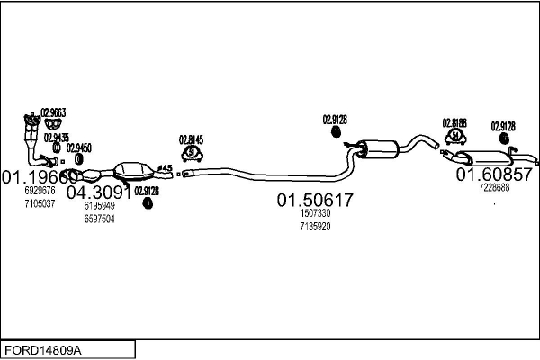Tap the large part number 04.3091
point(99,193)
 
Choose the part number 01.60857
point(494,174)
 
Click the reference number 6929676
point(40,191)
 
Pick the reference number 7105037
point(40,204)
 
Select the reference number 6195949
point(99,206)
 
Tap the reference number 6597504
point(99,219)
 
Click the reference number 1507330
point(315,214)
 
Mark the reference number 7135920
point(315,227)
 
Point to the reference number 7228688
point(494,187)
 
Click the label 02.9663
point(53,112)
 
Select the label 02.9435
point(56,138)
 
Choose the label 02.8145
point(192,139)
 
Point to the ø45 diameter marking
point(166,166)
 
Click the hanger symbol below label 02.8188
point(455,137)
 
